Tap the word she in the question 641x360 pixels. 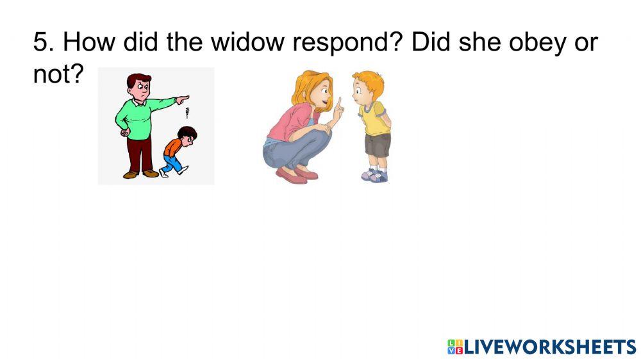(x=475, y=44)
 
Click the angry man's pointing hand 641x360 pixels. (x=183, y=99)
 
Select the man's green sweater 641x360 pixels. (x=137, y=115)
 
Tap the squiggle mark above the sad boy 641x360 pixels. (x=187, y=115)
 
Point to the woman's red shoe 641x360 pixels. (x=292, y=176)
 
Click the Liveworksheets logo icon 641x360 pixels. (x=454, y=347)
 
